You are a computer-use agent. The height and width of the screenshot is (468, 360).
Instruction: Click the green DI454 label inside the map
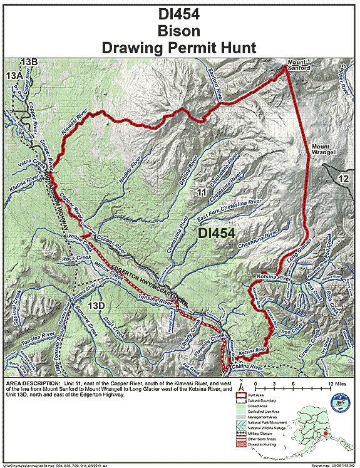click(216, 233)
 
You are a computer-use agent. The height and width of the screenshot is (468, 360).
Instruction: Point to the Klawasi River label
click(73, 126)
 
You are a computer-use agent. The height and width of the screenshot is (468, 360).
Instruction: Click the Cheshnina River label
click(260, 237)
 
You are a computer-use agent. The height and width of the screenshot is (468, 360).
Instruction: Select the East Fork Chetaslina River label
click(229, 207)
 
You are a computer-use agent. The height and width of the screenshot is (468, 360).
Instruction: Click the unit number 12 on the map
click(342, 179)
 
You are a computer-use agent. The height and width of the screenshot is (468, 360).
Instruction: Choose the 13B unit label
click(29, 61)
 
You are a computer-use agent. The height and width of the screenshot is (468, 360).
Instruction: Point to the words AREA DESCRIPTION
click(31, 382)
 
